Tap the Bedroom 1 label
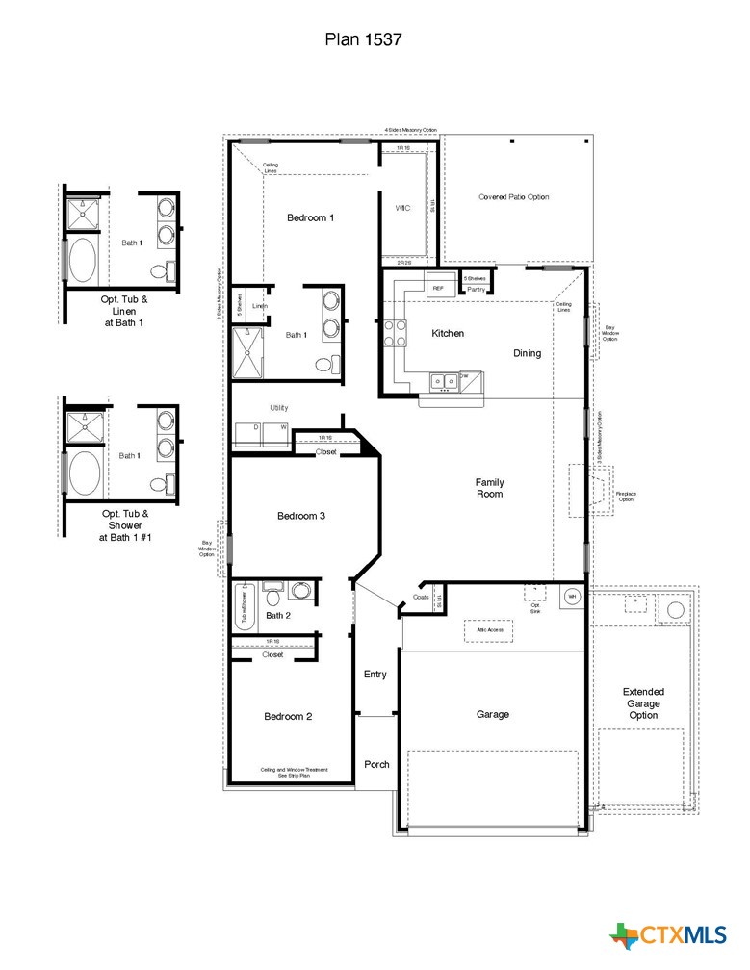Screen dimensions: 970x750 pos(310,217)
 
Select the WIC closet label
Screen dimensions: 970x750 pos(402,208)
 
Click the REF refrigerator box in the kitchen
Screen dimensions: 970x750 pos(438,287)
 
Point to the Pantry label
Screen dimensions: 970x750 pos(476,289)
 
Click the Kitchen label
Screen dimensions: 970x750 pos(448,333)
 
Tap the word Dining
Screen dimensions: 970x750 pos(527,353)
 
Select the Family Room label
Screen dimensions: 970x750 pos(489,488)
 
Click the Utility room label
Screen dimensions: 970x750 pos(278,408)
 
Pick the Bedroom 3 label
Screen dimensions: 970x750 pos(301,516)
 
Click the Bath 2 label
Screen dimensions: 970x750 pos(278,615)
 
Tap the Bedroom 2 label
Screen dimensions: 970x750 pos(288,716)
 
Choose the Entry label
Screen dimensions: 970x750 pos(375,674)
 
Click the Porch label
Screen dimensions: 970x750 pos(376,764)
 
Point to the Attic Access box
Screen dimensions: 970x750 pos(488,629)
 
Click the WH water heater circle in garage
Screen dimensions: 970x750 pos(571,596)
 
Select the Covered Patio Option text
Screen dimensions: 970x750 pos(514,196)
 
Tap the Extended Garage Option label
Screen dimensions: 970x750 pos(643,703)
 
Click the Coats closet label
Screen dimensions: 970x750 pos(421,597)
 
